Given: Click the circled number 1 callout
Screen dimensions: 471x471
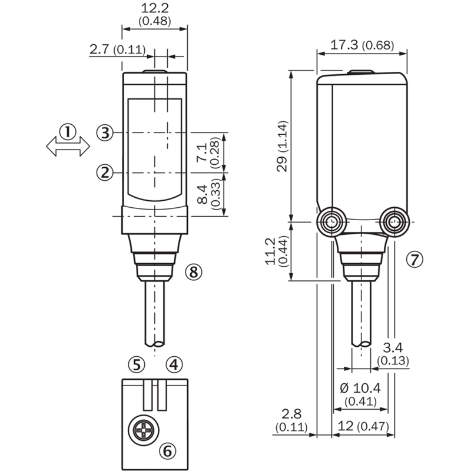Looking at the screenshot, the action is (x=68, y=132).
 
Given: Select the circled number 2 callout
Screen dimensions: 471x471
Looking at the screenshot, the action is (x=105, y=173).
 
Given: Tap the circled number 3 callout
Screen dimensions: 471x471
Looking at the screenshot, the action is (x=105, y=132).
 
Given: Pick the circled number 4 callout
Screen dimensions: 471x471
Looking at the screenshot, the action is (x=174, y=364).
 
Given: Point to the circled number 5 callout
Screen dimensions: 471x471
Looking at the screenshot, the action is (x=137, y=364).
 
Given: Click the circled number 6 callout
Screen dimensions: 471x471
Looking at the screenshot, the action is (x=167, y=450).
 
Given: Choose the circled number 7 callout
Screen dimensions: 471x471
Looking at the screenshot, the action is (x=414, y=259).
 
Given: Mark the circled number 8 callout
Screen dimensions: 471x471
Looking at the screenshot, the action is (x=194, y=272).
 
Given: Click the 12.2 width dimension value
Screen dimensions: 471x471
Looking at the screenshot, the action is (x=155, y=8).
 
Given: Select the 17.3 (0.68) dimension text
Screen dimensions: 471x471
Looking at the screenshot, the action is (x=362, y=45).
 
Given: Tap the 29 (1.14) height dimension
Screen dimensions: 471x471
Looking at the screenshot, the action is (x=283, y=146).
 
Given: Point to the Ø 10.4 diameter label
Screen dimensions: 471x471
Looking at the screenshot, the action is (x=360, y=388).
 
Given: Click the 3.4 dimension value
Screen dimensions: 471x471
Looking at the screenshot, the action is (x=393, y=347).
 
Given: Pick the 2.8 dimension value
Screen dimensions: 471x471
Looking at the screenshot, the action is (x=291, y=414).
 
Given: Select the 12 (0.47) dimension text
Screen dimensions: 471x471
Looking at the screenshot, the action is (x=363, y=426).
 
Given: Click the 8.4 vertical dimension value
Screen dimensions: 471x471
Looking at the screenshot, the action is (x=203, y=195).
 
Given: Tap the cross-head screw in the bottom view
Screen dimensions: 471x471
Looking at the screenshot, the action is (x=144, y=430).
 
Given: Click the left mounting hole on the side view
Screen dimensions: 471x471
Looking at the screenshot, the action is (x=331, y=222).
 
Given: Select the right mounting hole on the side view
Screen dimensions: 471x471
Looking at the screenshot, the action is (x=393, y=222).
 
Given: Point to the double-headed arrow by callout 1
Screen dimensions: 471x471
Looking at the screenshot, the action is (x=68, y=146).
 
